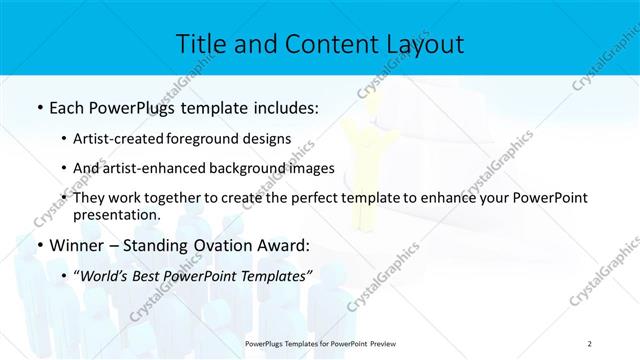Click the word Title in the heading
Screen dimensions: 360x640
coord(201,44)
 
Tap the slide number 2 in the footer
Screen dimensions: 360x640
coord(590,343)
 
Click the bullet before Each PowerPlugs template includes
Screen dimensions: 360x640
coord(39,107)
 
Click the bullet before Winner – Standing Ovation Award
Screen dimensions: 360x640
coord(39,245)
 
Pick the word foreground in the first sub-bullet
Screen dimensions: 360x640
coord(216,139)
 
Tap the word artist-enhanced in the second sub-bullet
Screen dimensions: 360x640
coord(159,168)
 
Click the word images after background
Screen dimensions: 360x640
coord(312,168)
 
